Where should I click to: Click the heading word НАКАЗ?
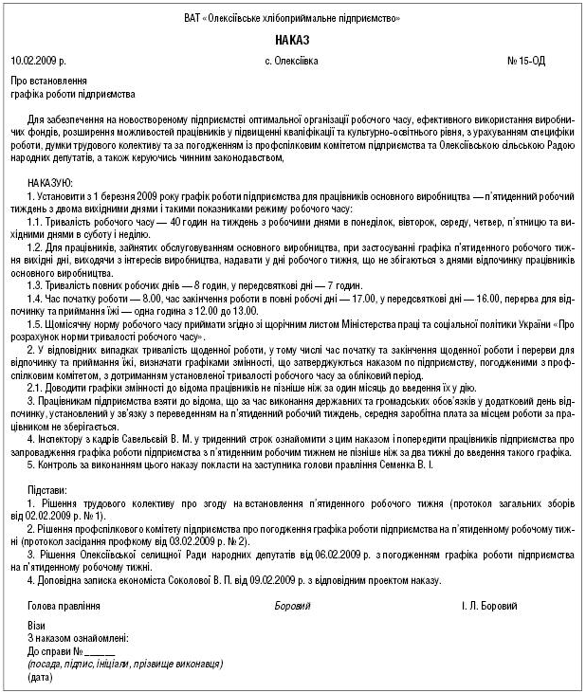click(292, 41)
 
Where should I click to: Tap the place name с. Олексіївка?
click(292, 61)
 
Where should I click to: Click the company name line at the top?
click(292, 19)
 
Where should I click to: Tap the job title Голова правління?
click(64, 605)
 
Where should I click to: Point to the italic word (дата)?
click(42, 678)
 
